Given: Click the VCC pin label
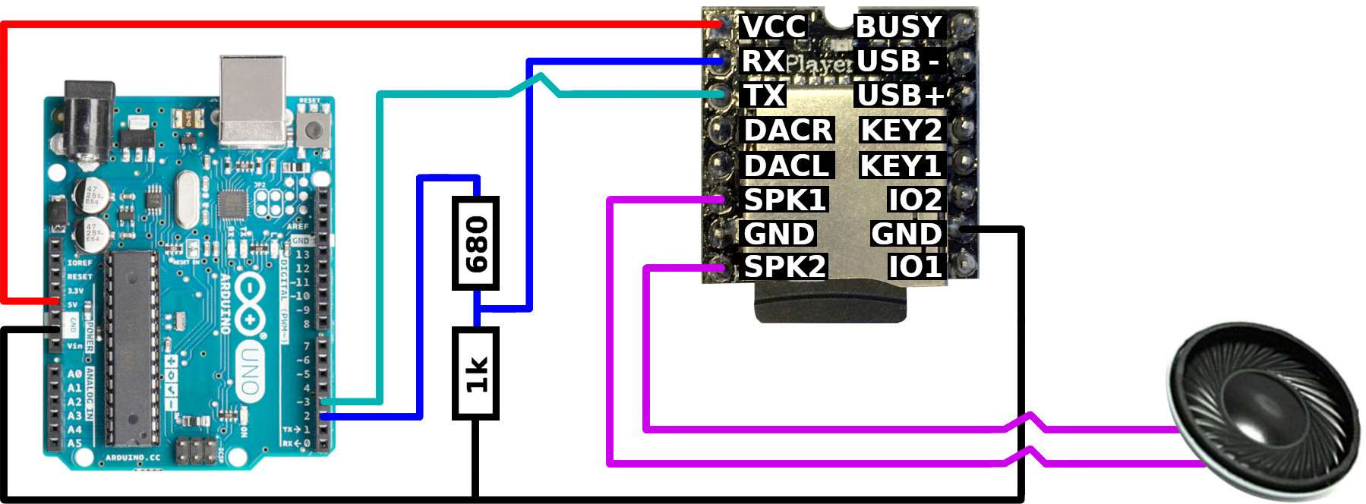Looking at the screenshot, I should coord(773,27).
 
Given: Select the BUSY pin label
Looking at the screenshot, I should coord(899,27).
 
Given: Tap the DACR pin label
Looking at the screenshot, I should coord(788,131).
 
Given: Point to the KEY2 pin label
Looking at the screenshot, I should coord(901,131).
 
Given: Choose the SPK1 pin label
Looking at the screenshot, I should coord(784,200).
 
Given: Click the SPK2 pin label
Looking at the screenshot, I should coord(784,267).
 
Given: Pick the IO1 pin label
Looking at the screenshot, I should coord(915,267).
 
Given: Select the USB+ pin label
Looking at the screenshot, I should coord(901,96).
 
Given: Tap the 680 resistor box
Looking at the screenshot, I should coord(475,244).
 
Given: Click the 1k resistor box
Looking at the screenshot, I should coord(475,373).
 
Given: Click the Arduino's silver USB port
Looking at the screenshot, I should coord(253,99).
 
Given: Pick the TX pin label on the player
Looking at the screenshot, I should coord(763,96).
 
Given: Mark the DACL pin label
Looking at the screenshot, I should coord(787,165).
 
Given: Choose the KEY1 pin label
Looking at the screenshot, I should coord(901,165).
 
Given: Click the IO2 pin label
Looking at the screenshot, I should coord(915,200).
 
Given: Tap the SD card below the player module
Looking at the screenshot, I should coord(830,304).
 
